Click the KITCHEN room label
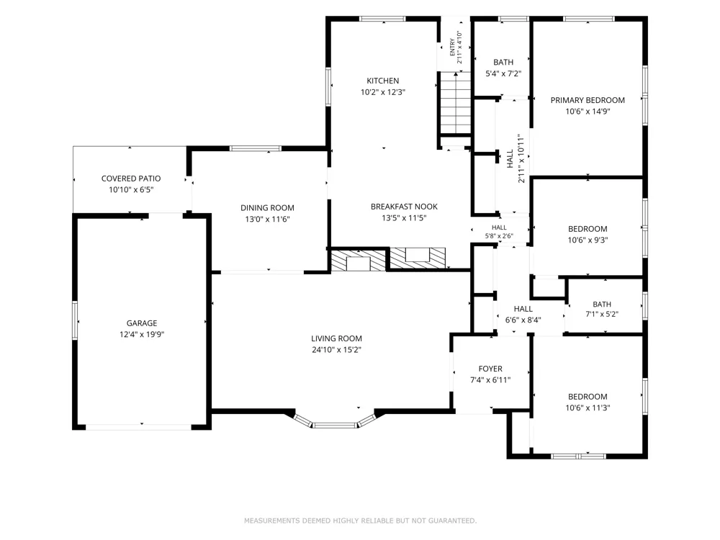click(x=382, y=81)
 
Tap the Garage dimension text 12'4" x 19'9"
click(x=142, y=334)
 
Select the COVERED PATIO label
click(x=131, y=179)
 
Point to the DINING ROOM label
click(x=267, y=208)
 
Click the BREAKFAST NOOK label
click(x=404, y=207)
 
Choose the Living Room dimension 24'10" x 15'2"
click(x=336, y=350)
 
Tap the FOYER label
click(x=490, y=369)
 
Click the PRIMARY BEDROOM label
click(x=588, y=100)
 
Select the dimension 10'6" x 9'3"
click(x=588, y=240)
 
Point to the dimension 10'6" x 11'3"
click(x=588, y=408)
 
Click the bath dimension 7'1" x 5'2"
click(x=602, y=314)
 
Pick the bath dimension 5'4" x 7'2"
click(x=503, y=73)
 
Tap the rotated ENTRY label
click(x=453, y=48)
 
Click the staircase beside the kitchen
click(x=456, y=103)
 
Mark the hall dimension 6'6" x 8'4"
click(x=523, y=320)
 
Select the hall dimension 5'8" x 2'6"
click(x=499, y=236)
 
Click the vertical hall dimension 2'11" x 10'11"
click(x=521, y=158)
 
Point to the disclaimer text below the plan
click(x=361, y=521)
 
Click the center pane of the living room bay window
click(x=335, y=426)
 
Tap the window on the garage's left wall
click(x=76, y=320)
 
